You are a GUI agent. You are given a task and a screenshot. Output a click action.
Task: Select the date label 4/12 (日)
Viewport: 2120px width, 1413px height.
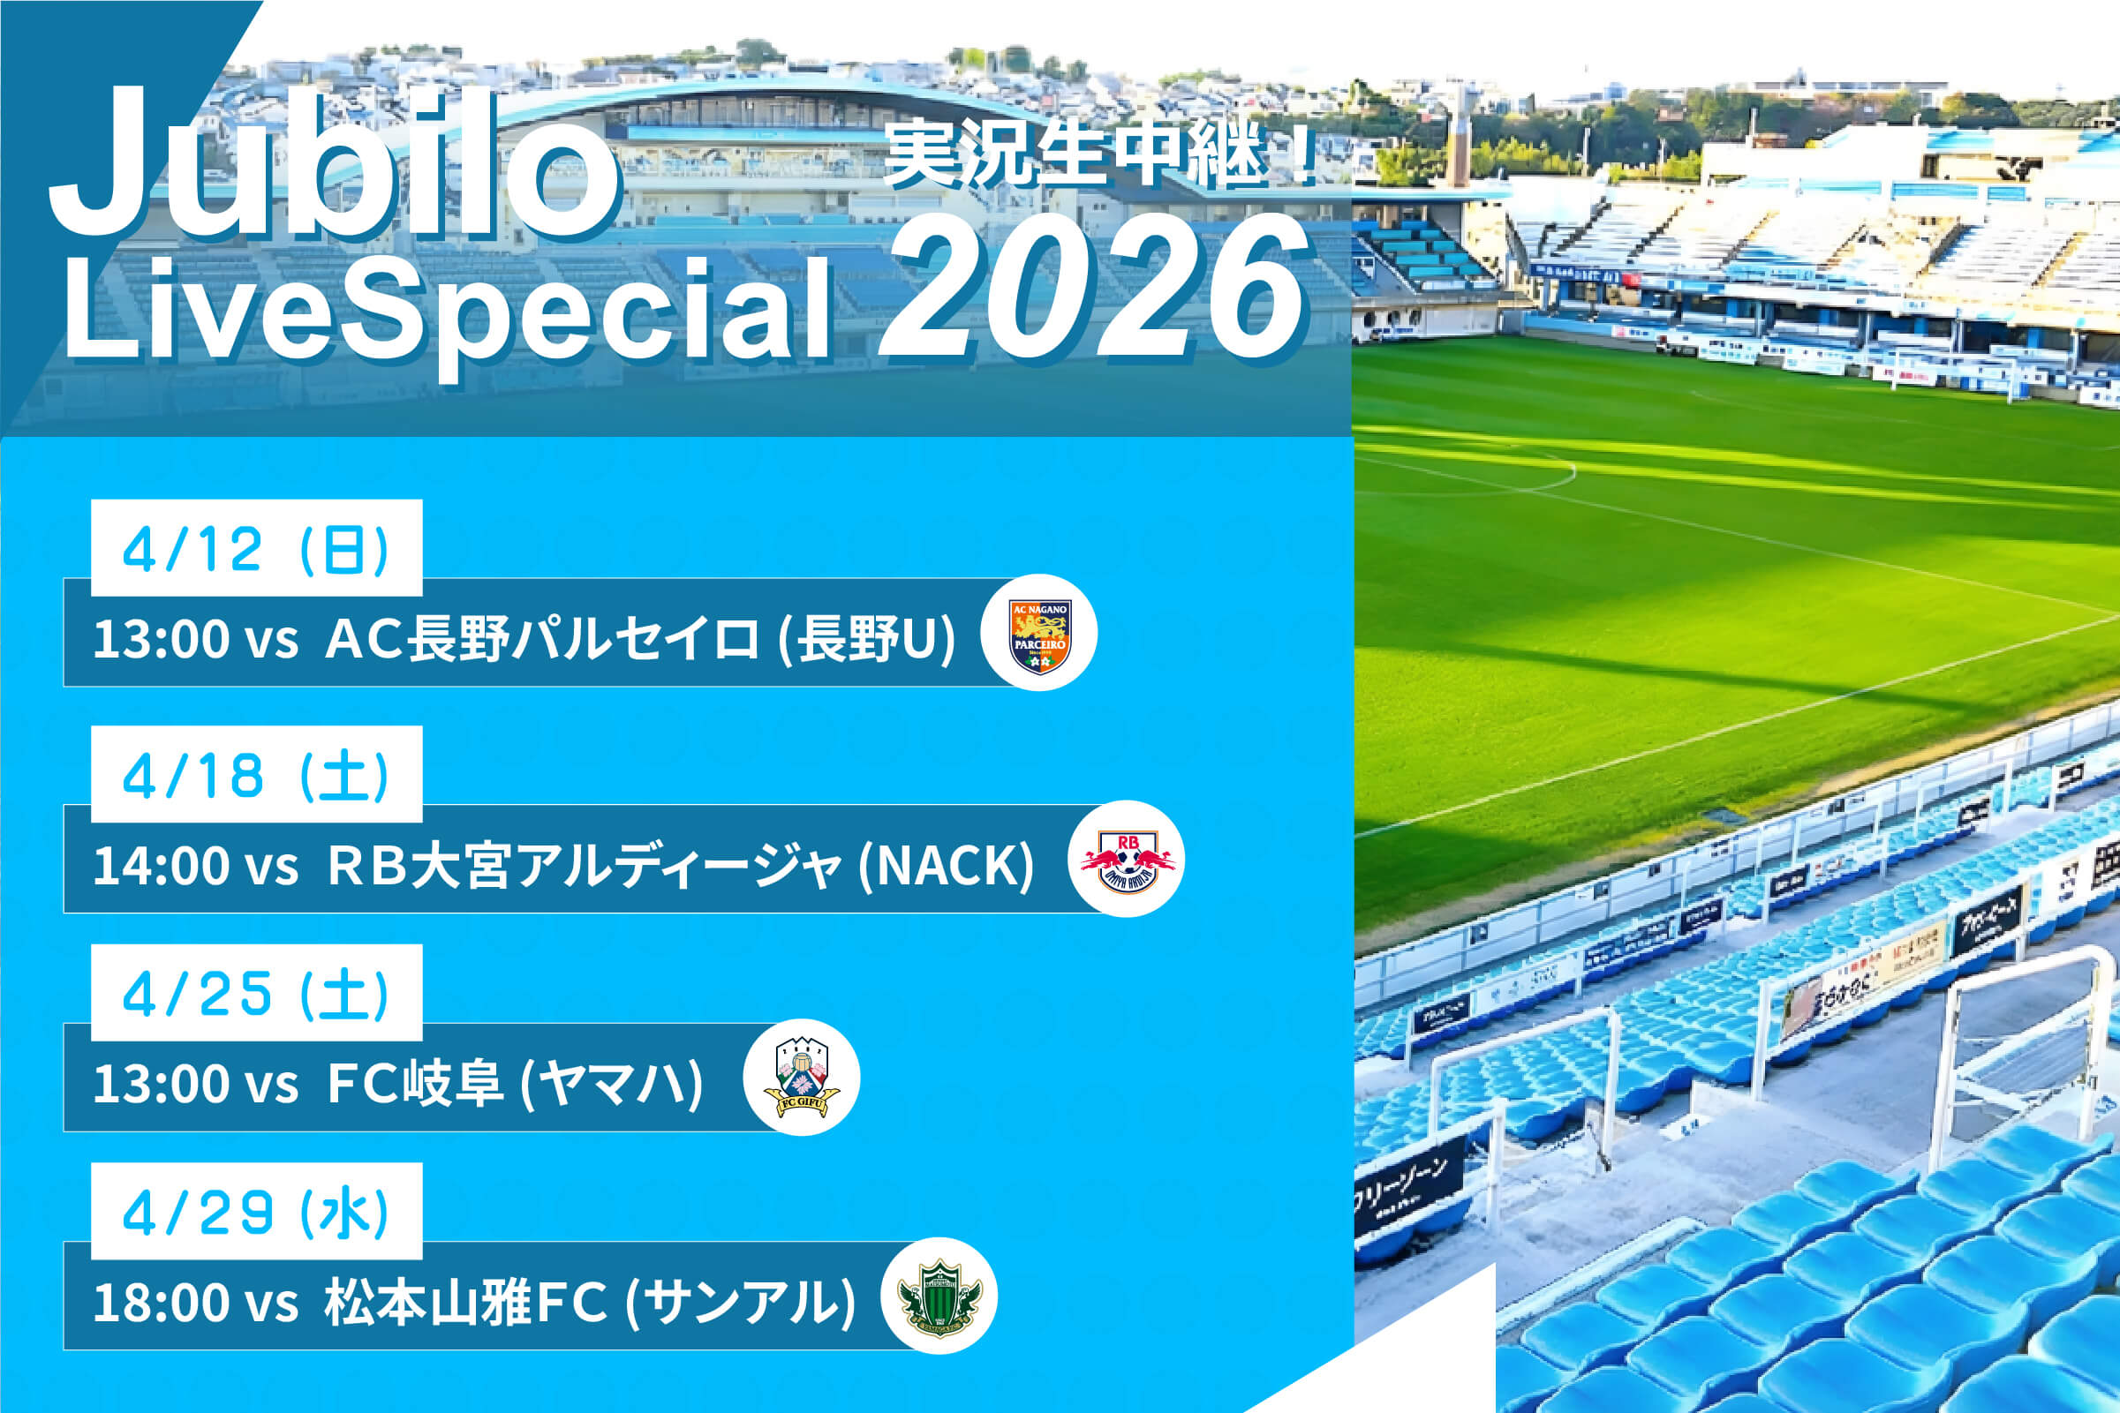point(256,549)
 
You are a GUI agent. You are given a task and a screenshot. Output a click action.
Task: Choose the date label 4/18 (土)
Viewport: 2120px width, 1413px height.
point(256,775)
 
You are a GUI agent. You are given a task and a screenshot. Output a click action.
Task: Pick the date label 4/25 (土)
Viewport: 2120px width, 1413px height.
point(256,993)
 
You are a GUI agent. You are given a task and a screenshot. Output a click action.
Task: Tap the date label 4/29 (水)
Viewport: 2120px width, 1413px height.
point(256,1211)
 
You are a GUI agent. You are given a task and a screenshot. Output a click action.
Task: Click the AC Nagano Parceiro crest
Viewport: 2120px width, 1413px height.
point(1038,634)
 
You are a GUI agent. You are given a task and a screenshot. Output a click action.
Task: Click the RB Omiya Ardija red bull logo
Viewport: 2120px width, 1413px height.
point(1126,860)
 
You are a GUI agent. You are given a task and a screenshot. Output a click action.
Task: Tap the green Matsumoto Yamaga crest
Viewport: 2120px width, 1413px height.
point(939,1297)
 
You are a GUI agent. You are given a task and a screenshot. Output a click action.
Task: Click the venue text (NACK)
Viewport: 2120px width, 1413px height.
point(946,865)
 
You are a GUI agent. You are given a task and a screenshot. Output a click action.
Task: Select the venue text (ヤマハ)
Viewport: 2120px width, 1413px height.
point(612,1083)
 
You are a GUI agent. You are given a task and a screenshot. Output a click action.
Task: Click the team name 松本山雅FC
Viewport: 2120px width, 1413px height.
point(466,1302)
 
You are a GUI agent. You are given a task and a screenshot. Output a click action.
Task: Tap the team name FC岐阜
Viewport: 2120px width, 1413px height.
point(415,1083)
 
